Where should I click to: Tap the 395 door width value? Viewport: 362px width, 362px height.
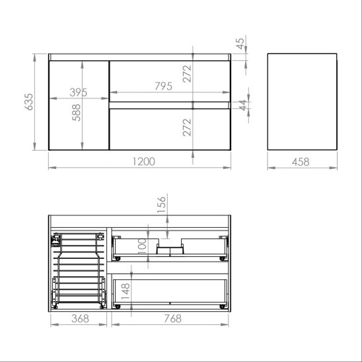click(79, 92)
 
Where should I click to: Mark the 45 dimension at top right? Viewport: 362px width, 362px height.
click(240, 44)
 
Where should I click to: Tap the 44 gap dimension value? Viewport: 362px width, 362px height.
click(242, 104)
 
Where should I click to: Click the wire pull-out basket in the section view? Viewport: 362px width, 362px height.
click(78, 270)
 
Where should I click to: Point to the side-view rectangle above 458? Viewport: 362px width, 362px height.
click(302, 102)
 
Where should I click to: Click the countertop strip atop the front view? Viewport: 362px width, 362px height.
click(139, 58)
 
